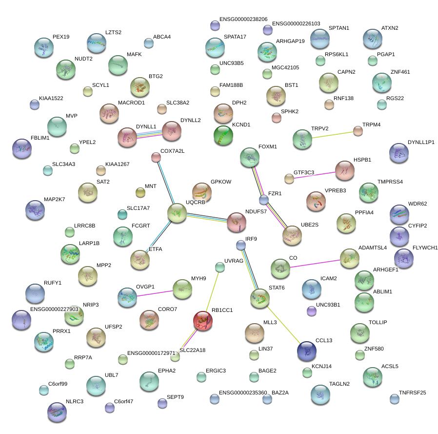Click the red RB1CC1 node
pos(202,321)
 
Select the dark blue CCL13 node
pos(307,350)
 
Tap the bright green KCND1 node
pos(223,135)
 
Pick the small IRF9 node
pos(240,245)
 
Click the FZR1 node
pos(264,199)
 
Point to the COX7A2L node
pos(156,157)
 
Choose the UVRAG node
pos(220,267)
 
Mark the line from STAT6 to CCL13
pos(283,323)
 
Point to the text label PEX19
pos(61,37)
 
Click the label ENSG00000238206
pos(243,19)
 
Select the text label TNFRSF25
pos(412,393)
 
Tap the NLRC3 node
pos(57,412)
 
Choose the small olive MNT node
pos(140,193)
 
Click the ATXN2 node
pos(373,39)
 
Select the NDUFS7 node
pos(236,222)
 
